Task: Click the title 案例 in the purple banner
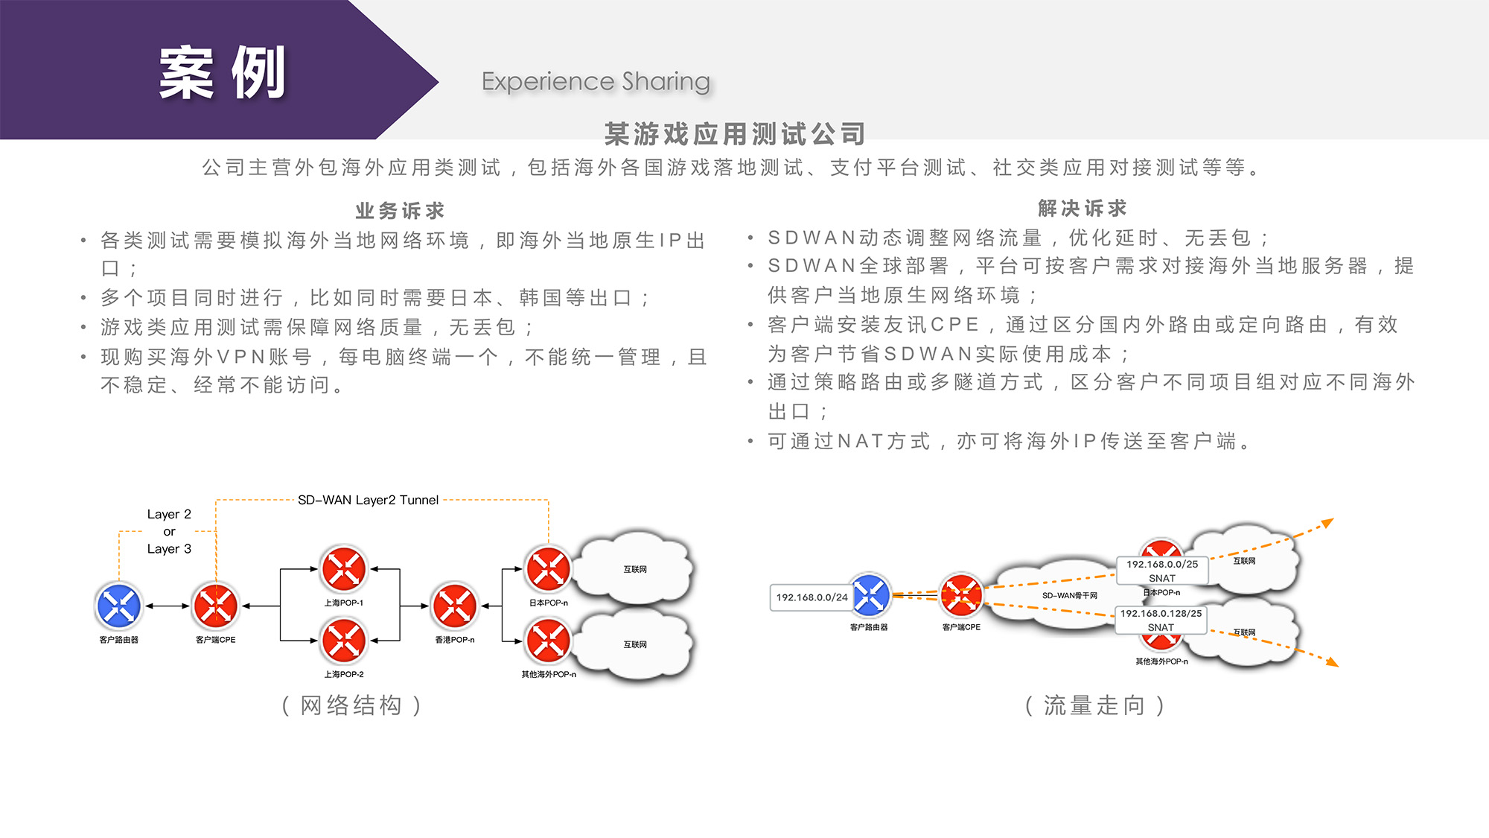point(222,73)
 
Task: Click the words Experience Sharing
point(596,81)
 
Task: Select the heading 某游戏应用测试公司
point(735,134)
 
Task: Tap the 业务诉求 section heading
point(400,211)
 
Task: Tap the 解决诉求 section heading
point(1082,209)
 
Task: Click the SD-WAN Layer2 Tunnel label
point(368,500)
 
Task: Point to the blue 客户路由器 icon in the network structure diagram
point(119,606)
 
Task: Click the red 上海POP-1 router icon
point(343,569)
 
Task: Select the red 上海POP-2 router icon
point(343,641)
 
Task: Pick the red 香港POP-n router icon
point(454,606)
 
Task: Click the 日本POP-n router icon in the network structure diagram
point(548,569)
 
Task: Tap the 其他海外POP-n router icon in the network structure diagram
point(548,641)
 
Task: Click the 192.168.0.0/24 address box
point(812,597)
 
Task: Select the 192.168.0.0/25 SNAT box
point(1161,571)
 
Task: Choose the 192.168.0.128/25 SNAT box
point(1161,620)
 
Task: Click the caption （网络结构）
point(351,705)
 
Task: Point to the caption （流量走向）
point(1094,705)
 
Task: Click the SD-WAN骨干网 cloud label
point(1069,595)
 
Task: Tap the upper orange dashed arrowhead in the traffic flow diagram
point(1327,524)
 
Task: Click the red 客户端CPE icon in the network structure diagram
point(215,606)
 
